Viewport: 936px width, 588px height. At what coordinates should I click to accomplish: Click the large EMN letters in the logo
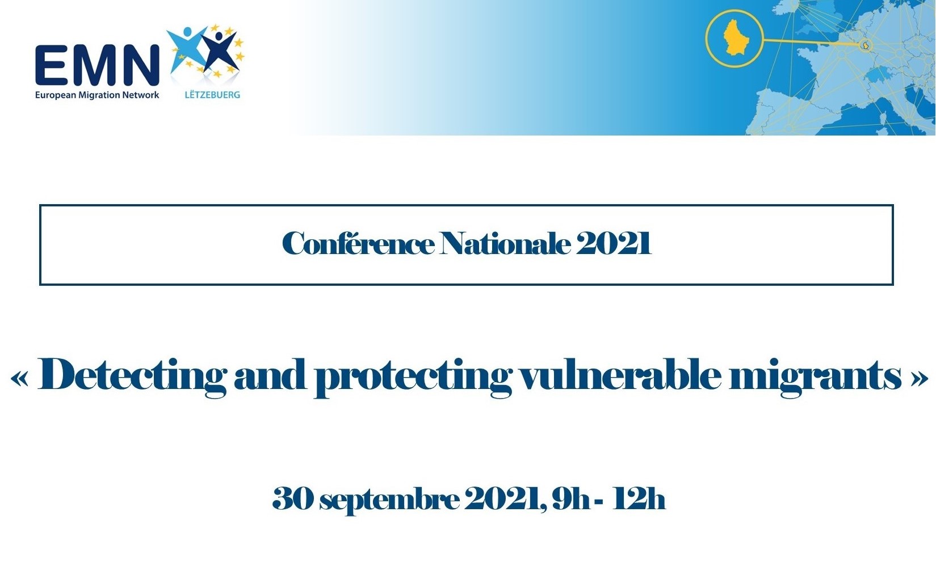pyautogui.click(x=98, y=65)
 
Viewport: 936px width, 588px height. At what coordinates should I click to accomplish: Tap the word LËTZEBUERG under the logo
pyautogui.click(x=212, y=95)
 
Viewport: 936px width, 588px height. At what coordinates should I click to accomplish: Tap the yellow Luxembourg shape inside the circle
pyautogui.click(x=734, y=38)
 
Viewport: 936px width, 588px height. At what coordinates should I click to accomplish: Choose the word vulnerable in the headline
pyautogui.click(x=620, y=374)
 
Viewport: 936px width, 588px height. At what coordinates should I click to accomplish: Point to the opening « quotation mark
pyautogui.click(x=20, y=379)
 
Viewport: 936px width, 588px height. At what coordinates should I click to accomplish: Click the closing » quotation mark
pyautogui.click(x=918, y=379)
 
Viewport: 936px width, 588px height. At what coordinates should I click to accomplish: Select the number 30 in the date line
pyautogui.click(x=292, y=498)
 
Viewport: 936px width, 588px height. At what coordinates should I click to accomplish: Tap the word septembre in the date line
pyautogui.click(x=389, y=500)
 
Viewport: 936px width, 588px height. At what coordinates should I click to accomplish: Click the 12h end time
pyautogui.click(x=639, y=498)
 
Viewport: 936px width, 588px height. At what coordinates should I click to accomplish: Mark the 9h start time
pyautogui.click(x=570, y=498)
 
